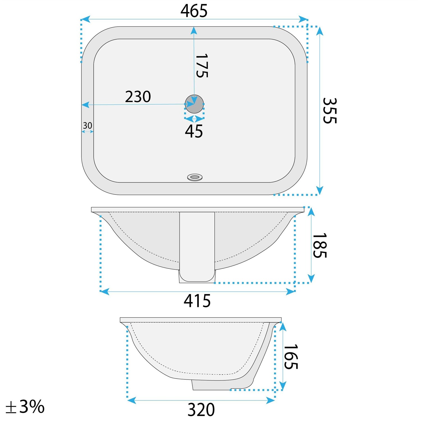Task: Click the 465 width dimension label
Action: tap(194, 11)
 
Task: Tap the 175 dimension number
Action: tap(202, 66)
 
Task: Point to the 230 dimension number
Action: tap(138, 97)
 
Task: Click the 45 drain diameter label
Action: tap(194, 131)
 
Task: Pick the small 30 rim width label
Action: tap(87, 125)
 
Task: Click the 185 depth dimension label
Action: tap(319, 245)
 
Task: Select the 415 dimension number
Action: tap(197, 301)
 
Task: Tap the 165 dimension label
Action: tap(291, 357)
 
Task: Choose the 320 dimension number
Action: tap(201, 410)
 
